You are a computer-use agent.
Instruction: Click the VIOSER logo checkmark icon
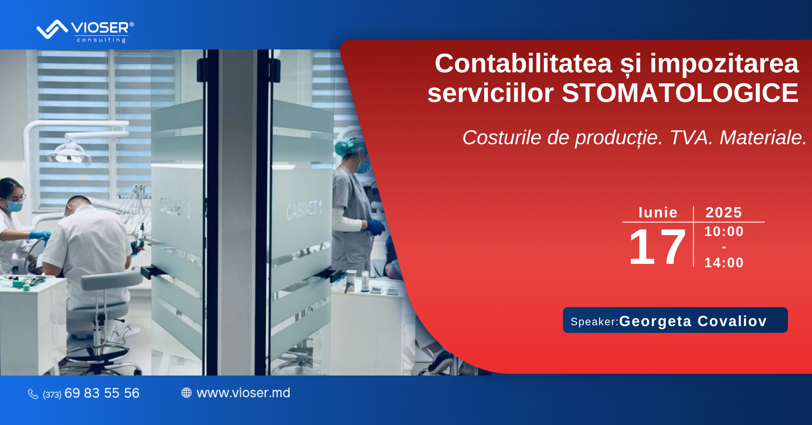52,29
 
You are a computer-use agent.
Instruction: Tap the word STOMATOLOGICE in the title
680,93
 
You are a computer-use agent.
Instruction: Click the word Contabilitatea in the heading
524,63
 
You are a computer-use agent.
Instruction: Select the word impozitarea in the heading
724,64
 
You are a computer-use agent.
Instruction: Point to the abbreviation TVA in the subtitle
691,137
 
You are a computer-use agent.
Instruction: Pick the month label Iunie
658,212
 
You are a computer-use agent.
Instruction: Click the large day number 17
657,246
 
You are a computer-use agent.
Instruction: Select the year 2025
724,212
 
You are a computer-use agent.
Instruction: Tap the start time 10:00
724,231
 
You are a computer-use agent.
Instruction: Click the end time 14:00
724,263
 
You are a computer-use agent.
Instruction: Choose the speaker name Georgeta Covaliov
693,321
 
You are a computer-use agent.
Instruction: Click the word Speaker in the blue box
593,322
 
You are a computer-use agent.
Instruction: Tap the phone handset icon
33,394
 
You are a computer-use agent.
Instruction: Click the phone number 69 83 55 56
101,393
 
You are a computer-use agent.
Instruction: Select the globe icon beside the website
187,393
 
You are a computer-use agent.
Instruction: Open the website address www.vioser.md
243,393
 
